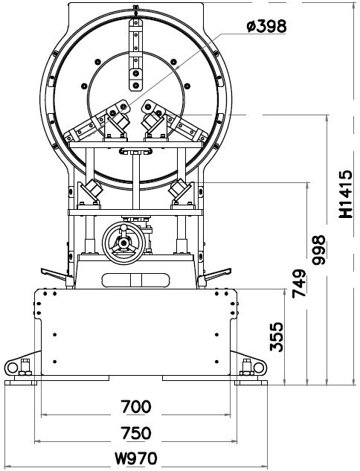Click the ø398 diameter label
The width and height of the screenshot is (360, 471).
pos(266,27)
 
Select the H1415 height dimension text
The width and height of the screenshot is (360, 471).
pos(346,194)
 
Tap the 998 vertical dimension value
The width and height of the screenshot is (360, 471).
pos(318,250)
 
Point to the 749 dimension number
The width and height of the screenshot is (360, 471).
pos(299,283)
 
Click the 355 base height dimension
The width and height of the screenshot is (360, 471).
pos(277,337)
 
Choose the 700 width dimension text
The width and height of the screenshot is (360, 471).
pos(136,407)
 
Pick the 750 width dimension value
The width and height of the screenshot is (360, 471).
pos(136,433)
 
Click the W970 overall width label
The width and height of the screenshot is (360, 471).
pos(136,458)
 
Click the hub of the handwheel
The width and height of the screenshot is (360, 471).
pos(123,242)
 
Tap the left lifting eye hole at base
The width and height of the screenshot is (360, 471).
pos(13,367)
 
